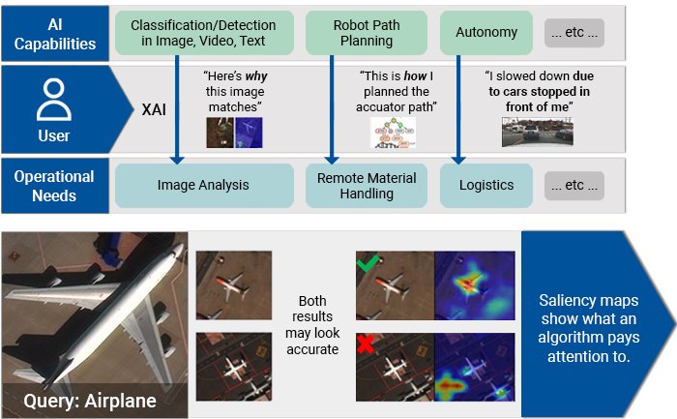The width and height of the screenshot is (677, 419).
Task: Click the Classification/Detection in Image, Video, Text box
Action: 203,32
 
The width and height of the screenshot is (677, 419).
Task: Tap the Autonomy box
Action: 486,32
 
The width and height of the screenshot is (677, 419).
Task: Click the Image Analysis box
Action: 203,185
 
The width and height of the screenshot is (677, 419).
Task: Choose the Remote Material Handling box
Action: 367,185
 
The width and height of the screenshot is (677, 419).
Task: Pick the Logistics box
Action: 486,185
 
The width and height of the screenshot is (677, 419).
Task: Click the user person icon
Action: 54,101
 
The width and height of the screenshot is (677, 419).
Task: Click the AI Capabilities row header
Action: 54,32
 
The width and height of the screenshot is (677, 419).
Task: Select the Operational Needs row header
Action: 54,185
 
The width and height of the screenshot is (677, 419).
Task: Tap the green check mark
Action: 367,262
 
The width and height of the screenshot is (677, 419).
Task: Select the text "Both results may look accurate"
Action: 312,324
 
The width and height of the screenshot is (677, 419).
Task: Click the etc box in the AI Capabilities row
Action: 574,32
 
